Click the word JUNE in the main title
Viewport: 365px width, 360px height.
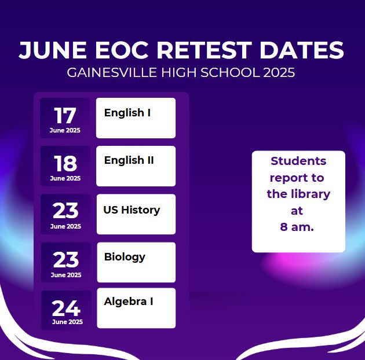point(53,50)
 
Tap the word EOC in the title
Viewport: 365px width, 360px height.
point(122,50)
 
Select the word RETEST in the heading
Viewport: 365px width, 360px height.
point(205,50)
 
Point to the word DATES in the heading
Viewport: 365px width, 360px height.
point(302,50)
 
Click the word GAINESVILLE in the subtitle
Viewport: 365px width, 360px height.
point(112,72)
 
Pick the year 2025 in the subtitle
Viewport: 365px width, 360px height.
point(279,72)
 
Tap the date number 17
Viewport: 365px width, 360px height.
point(65,115)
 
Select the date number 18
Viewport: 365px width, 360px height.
point(65,163)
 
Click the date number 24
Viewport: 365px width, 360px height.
point(66,308)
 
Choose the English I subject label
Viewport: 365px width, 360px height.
point(127,113)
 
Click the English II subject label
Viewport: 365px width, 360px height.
point(129,160)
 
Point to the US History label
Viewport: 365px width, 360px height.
point(132,210)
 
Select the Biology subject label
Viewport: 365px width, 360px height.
point(125,257)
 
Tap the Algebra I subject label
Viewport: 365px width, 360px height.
point(129,302)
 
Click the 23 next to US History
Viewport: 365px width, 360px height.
point(65,211)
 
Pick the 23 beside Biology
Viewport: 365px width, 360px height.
point(65,259)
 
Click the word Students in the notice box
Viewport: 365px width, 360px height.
point(298,161)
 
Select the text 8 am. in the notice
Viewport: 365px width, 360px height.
point(297,227)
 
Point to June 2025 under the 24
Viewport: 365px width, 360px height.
point(67,322)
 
